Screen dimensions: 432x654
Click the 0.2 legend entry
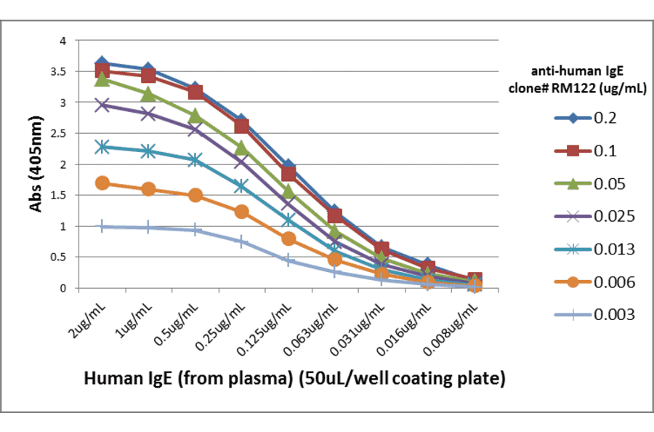(x=589, y=118)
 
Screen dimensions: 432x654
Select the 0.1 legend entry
(x=589, y=151)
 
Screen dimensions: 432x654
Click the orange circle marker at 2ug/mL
(x=102, y=183)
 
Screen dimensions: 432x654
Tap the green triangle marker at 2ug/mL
(x=102, y=79)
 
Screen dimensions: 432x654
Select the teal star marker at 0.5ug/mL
(x=195, y=159)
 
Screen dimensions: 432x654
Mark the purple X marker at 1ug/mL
(x=148, y=113)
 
